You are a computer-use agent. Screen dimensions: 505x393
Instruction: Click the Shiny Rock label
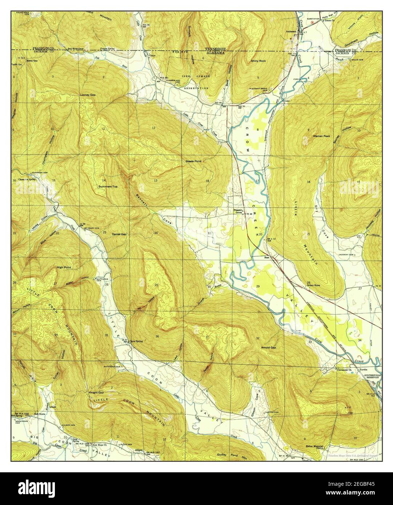(x=258, y=61)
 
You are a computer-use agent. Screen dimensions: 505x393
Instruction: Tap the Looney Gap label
(x=88, y=95)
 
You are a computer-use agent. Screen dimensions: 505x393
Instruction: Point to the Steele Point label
(x=193, y=161)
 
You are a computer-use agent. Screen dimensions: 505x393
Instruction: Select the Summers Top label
(x=108, y=186)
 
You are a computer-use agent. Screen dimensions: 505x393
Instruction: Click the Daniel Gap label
(x=119, y=234)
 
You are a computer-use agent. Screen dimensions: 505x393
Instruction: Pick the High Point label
(x=64, y=267)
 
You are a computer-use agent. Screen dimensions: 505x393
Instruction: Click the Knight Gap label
(x=96, y=393)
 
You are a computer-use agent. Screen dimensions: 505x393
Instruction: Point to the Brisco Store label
(x=313, y=285)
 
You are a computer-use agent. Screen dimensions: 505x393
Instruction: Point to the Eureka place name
(x=364, y=370)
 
